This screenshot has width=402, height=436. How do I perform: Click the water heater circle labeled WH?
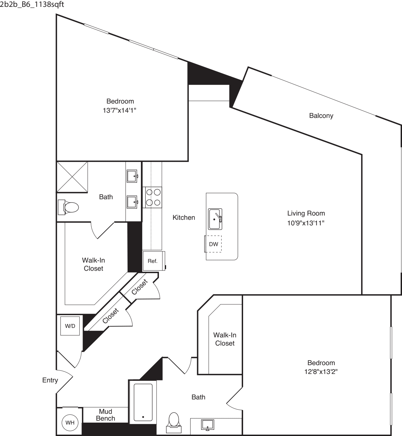coord(70,422)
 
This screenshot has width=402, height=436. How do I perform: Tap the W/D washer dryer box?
coord(70,326)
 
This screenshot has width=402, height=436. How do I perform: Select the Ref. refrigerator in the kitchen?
coord(154,261)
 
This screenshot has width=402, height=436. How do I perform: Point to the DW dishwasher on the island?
coord(213,244)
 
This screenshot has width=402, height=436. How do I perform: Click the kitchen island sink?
coord(215,219)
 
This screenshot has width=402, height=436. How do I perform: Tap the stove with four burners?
coord(152,197)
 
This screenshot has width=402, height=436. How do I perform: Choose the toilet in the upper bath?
coord(68,207)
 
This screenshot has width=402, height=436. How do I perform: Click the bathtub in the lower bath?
coord(143,402)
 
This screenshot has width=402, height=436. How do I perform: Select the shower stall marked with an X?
coord(72,177)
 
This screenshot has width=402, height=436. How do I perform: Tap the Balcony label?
coord(321,116)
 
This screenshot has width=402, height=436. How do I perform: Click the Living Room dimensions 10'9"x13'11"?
coord(306,223)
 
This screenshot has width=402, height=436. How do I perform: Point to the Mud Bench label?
coord(105,415)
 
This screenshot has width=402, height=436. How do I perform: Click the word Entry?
coord(50,380)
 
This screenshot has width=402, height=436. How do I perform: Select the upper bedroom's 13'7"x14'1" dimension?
coord(119,110)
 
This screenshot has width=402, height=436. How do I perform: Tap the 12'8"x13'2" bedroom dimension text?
coord(321,372)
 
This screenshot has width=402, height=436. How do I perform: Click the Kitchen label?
coord(184,217)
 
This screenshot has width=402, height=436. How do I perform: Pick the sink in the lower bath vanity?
coord(208,424)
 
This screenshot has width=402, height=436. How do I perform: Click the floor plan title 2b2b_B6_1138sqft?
coord(32,4)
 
